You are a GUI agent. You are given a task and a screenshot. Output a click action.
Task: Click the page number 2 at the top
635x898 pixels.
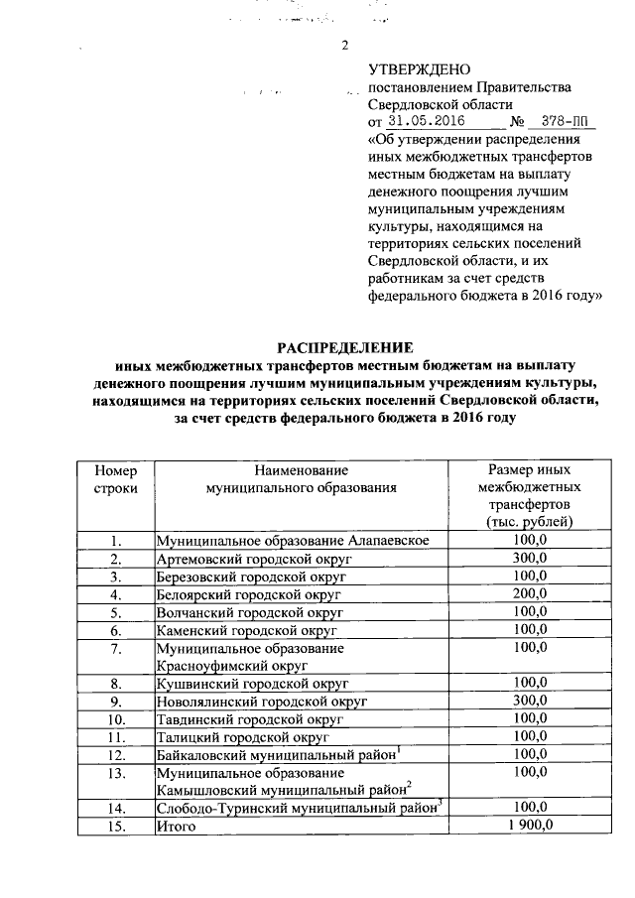[x=345, y=45]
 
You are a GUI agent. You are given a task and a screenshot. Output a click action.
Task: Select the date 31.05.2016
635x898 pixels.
[x=428, y=121]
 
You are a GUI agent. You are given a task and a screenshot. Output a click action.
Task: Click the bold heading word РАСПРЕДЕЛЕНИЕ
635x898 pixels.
[x=344, y=347]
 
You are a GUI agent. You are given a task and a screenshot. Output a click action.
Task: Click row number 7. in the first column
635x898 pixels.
[x=116, y=648]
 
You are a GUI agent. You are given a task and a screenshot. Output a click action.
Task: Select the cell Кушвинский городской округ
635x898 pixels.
[x=249, y=684]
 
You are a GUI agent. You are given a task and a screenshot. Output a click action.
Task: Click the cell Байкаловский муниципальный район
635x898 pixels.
[x=277, y=755]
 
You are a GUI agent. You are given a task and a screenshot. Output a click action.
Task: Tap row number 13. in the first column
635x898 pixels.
[x=116, y=772]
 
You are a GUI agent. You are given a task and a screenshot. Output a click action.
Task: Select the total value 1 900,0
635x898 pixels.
[x=529, y=826]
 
